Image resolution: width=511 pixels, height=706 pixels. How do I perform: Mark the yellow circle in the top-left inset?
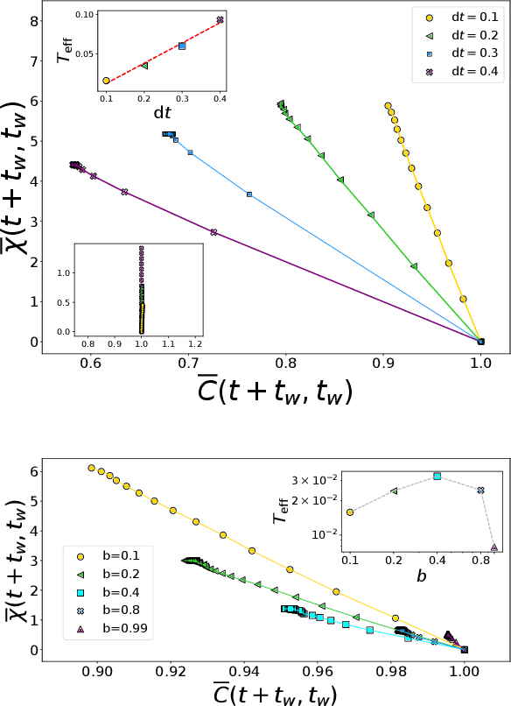pos(106,81)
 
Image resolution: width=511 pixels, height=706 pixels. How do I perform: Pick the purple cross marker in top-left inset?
pos(220,19)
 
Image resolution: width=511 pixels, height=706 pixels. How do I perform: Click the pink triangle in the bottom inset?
pos(494,547)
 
